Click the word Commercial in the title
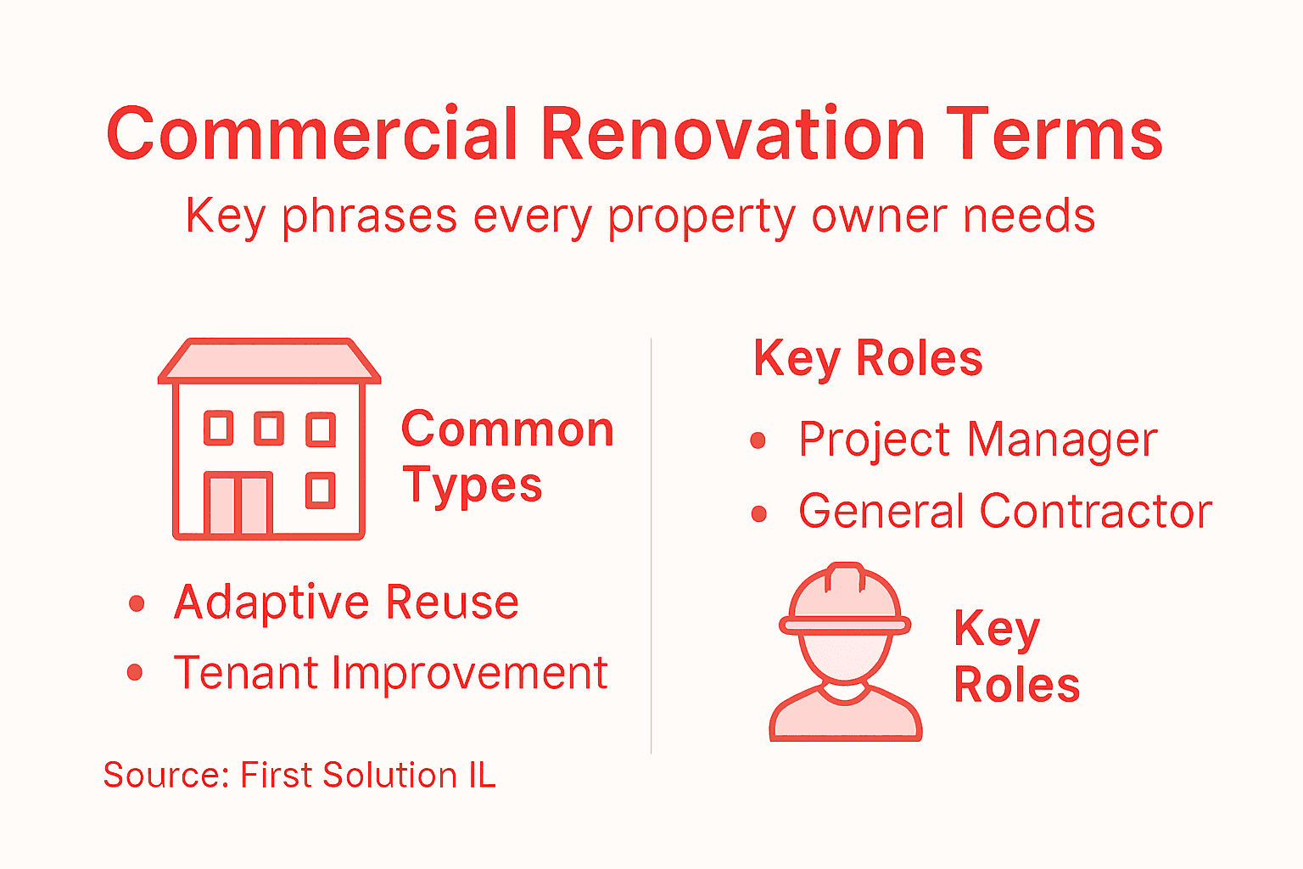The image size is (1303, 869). pos(311,134)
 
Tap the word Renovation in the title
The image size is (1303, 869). pos(732,134)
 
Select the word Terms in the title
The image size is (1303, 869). pos(1054,134)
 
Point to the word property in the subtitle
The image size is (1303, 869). pos(701,217)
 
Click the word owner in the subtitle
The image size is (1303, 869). pos(879,217)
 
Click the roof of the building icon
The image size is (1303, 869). pos(269,360)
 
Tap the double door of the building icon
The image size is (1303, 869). pos(238,504)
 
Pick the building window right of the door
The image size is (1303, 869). pos(320,491)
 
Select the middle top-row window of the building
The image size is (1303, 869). pos(269,429)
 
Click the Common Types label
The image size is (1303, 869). pos(506,457)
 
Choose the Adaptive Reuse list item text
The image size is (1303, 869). pos(346,603)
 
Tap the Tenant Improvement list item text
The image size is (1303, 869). pos(390,673)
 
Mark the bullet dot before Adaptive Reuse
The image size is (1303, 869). pos(136,603)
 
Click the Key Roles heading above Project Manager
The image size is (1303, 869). pos(868,359)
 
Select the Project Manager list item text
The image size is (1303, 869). pos(977,440)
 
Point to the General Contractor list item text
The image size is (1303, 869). pos(1005,512)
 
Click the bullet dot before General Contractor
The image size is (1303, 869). pos(758,513)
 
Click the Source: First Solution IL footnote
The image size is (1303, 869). pos(299,775)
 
